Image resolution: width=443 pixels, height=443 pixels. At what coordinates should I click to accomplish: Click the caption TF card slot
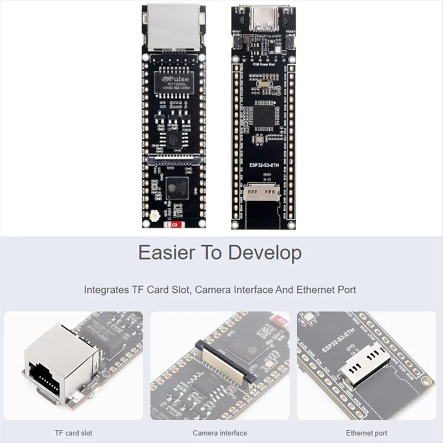pos(74,433)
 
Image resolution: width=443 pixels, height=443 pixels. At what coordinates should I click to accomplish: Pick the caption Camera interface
pos(220,433)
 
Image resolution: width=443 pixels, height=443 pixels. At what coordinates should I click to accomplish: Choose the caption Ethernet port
pos(367,433)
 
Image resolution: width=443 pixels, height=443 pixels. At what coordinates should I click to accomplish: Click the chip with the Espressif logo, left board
pos(175,189)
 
